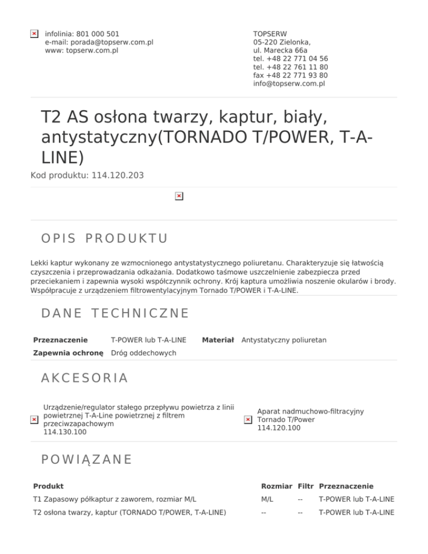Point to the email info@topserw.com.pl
coord(289,84)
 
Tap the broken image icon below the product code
coord(178,196)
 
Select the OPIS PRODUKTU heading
coord(104,239)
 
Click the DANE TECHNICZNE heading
coord(115,313)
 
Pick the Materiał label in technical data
coord(217,339)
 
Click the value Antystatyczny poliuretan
coord(284,339)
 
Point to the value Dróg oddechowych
coord(144,353)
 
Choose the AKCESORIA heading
coord(85,378)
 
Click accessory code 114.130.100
coord(65,432)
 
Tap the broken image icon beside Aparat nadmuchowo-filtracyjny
coord(248,420)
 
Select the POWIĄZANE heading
coord(86,459)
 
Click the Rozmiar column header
coord(276,486)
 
